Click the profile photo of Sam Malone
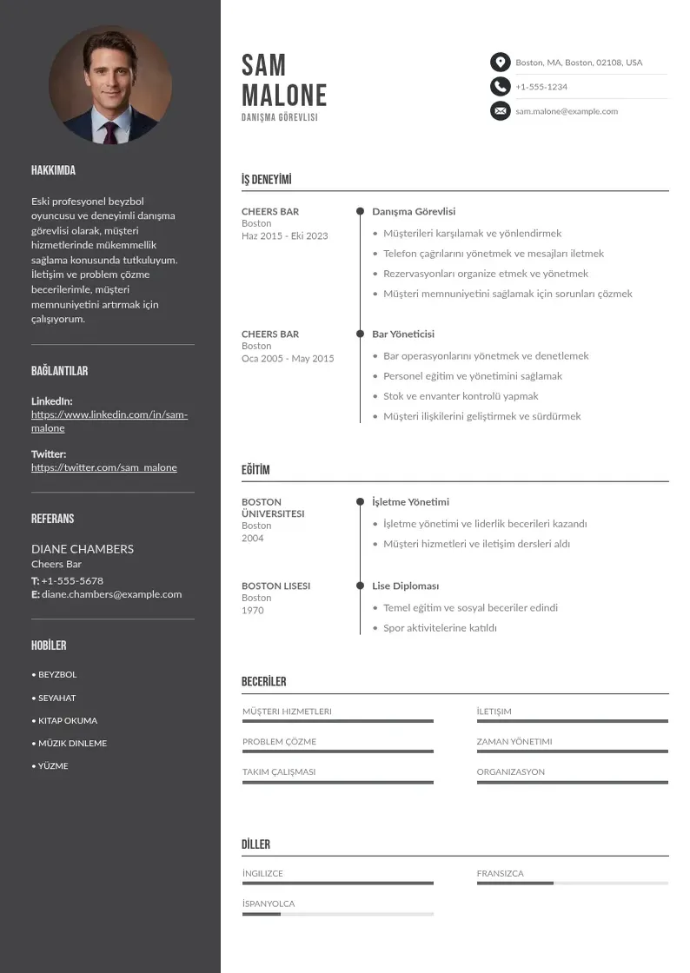tap(110, 85)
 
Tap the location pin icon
tap(500, 62)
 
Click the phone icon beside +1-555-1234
tap(500, 86)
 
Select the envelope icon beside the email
tap(500, 111)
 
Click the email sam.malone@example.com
tap(567, 111)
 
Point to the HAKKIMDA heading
tap(53, 170)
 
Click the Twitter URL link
tap(104, 467)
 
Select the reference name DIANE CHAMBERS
tap(83, 549)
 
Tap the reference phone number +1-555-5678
tap(72, 580)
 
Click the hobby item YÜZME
tap(52, 766)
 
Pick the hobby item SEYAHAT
tap(56, 698)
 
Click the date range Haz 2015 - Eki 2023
tap(285, 235)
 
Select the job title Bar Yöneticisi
tap(403, 334)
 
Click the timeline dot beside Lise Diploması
tap(360, 586)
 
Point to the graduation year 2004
tap(253, 538)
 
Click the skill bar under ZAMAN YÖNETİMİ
tap(572, 751)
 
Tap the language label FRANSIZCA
tap(500, 873)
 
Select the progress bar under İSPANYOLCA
tap(337, 914)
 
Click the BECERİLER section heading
tap(263, 682)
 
